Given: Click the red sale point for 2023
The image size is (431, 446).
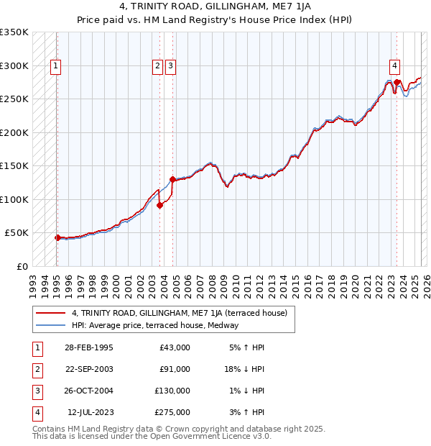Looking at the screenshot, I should (x=397, y=83).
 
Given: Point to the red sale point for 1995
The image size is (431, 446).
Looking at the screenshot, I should (x=57, y=237).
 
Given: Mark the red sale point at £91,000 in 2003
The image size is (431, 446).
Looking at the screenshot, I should (x=160, y=205).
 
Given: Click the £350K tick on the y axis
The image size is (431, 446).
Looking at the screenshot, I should (x=14, y=32).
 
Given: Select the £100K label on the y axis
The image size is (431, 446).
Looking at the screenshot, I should (x=14, y=199).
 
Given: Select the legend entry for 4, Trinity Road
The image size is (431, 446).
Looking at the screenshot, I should (x=179, y=313).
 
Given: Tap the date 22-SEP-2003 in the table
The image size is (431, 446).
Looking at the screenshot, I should (x=89, y=369).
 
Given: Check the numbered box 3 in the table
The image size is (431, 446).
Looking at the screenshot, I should (x=35, y=391).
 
